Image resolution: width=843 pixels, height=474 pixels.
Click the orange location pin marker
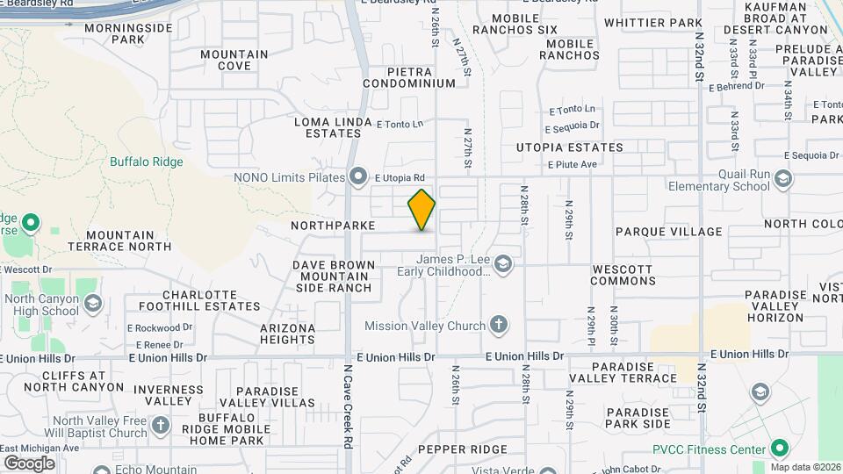point(421,209)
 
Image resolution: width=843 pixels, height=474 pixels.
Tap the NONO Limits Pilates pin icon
point(357,177)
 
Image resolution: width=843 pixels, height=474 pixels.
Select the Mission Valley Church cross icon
point(499,326)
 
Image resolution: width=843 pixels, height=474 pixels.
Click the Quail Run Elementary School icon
point(783,179)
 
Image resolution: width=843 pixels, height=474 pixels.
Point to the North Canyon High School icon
point(93,304)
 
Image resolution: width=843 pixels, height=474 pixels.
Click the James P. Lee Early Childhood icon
point(502,264)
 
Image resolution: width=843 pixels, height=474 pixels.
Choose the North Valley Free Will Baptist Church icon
point(160,426)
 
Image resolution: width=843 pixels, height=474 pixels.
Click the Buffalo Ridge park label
point(147,162)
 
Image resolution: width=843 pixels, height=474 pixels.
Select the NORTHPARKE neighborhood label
point(334,226)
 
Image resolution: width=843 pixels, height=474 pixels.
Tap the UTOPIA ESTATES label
point(569,147)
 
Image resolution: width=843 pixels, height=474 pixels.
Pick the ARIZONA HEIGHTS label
point(287,334)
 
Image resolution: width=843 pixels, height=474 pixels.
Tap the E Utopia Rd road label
point(400,177)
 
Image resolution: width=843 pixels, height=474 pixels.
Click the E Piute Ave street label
point(572,164)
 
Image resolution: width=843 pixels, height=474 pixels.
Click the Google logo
point(29,463)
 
